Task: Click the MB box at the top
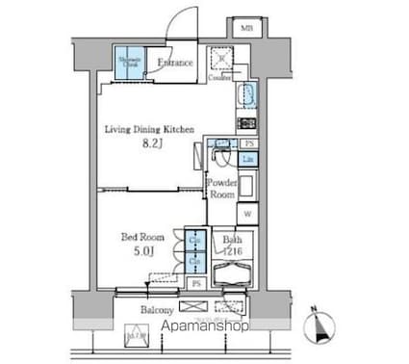[247, 28]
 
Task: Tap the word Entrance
[176, 64]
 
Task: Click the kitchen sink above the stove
[245, 96]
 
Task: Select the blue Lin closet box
[247, 159]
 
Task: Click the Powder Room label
[222, 186]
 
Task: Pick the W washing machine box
[246, 214]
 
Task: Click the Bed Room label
[142, 236]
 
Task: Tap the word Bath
[231, 240]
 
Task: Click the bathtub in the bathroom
[232, 275]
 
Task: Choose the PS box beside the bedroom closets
[196, 284]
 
